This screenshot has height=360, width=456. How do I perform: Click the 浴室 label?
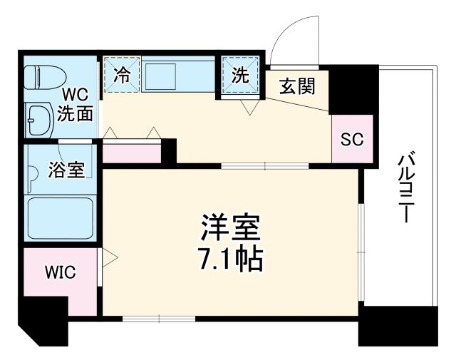click(66, 170)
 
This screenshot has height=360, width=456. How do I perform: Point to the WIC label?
click(60, 272)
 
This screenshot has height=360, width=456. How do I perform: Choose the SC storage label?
click(351, 140)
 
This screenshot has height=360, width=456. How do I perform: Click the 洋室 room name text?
click(229, 228)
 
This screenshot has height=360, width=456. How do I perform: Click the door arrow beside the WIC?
click(108, 256)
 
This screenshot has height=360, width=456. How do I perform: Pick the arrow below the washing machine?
click(249, 107)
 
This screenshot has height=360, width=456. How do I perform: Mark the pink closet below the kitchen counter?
click(132, 152)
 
